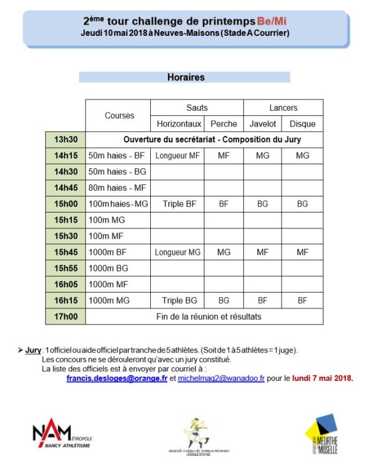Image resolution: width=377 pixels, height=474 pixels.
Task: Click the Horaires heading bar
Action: tap(185, 77)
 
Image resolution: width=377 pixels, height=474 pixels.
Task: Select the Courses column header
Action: tap(119, 115)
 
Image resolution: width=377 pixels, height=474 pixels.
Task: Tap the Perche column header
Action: tap(223, 124)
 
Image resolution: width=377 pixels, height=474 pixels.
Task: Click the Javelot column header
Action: tap(262, 124)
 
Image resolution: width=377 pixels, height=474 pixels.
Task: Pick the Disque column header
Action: tap(302, 124)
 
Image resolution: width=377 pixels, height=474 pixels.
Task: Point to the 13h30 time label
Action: tap(65, 140)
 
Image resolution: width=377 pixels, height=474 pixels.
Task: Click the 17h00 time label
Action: tap(65, 316)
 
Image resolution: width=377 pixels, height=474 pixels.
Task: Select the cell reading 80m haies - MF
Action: tap(116, 188)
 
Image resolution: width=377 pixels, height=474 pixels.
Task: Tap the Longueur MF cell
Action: tap(177, 155)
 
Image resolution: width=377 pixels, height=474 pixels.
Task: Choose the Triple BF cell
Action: tap(177, 204)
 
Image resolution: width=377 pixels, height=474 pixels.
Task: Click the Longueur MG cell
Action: tap(177, 252)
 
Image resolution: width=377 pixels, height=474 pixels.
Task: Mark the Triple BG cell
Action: tap(177, 300)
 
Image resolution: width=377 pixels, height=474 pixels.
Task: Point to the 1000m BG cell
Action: tap(109, 268)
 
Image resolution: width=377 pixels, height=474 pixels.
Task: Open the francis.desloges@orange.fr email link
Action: tap(117, 379)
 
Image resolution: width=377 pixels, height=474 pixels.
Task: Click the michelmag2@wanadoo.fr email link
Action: tap(221, 379)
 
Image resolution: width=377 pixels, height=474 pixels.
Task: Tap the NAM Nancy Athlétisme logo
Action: tap(61, 436)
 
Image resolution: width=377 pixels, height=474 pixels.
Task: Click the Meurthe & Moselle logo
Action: tap(322, 435)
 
